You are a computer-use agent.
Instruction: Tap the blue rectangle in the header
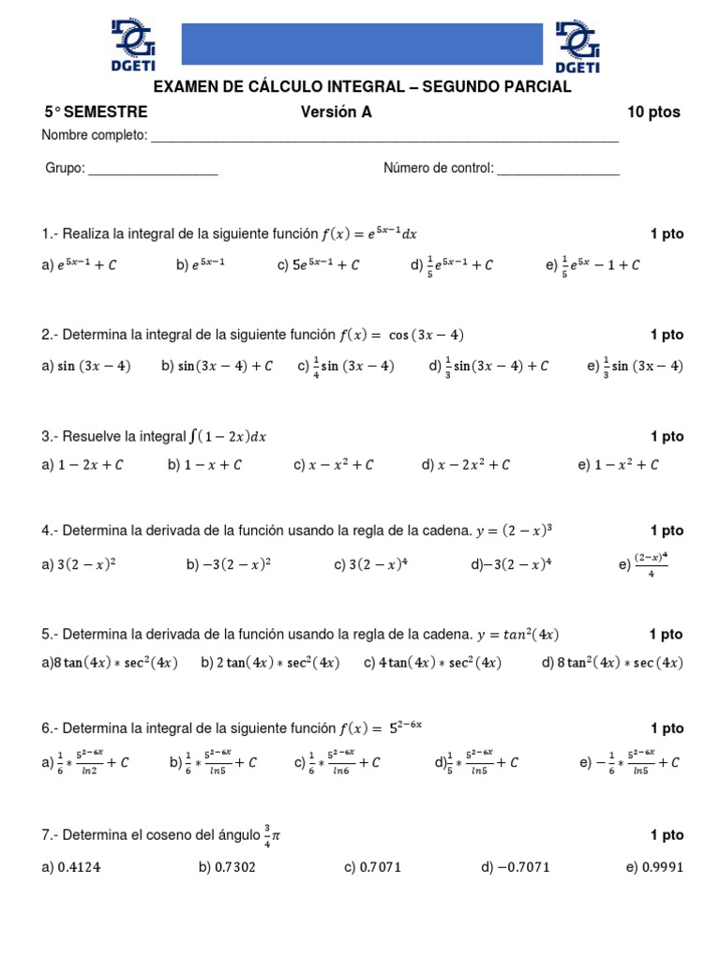(x=361, y=44)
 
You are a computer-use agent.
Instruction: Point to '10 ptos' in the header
(x=653, y=112)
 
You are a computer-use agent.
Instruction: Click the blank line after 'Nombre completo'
(x=384, y=138)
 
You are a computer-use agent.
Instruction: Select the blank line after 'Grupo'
(x=153, y=170)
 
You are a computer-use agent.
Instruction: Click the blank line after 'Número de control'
(x=558, y=170)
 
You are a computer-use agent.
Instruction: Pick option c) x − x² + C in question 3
(x=334, y=464)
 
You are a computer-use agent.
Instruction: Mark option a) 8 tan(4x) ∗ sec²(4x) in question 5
(x=109, y=663)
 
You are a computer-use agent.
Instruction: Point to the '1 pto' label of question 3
(x=667, y=437)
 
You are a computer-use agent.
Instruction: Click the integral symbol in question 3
(x=193, y=437)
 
